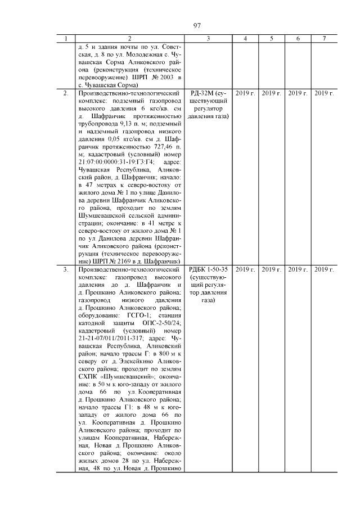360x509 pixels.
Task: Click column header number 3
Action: click(x=208, y=38)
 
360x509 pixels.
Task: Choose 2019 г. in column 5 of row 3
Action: click(x=272, y=270)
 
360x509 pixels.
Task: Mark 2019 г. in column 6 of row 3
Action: click(x=298, y=270)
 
